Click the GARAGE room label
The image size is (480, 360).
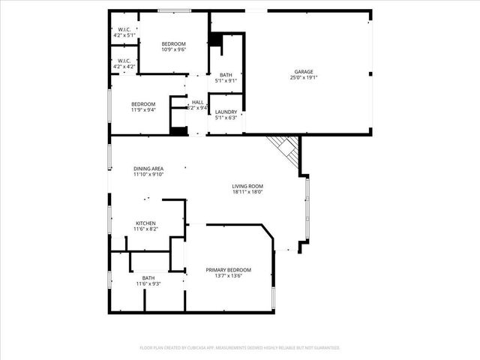point(304,72)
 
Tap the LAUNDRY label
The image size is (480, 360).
point(226,112)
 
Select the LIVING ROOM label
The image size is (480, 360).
point(247,186)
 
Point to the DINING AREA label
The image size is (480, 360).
point(148,169)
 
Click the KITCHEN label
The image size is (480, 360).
point(145,223)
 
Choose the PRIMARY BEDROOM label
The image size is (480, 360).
point(229,270)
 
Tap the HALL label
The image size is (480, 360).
point(198,102)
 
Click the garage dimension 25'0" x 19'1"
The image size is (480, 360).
point(304,78)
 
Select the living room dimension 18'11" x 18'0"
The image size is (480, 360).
point(247,192)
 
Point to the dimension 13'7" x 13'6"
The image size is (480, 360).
point(229,276)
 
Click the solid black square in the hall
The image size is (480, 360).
point(178,131)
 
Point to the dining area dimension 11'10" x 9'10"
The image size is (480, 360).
point(148,175)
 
